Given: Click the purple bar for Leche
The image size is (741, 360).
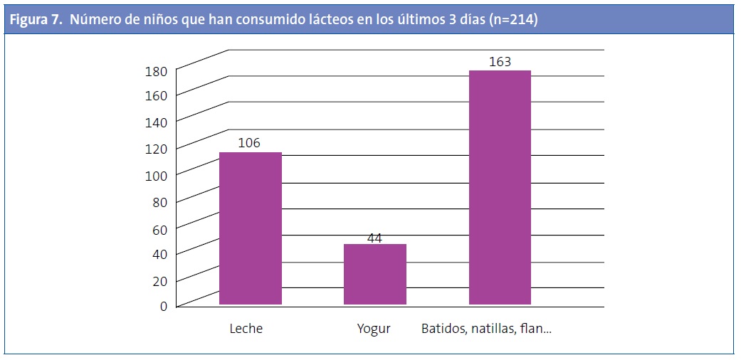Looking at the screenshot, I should coord(250,228).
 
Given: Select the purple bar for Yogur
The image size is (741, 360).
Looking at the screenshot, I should coord(374,275).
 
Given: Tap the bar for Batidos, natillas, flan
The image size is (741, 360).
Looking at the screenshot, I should coord(500,188).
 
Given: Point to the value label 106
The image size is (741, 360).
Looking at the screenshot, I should coord(249,143).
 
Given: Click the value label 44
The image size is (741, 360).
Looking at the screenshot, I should coord(374,238).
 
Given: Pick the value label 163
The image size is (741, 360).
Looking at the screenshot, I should coord(500,62).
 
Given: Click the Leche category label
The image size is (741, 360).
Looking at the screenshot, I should coord(246,329).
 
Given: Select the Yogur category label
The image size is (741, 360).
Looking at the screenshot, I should coord(374,329).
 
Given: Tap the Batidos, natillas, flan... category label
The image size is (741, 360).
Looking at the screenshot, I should coord(487,329).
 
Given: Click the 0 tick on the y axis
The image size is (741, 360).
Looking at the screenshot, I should coord(164,307).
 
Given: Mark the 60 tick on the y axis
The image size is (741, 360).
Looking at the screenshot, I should coord(160,228).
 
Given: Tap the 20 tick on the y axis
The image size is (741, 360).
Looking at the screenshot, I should coord(160,280).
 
